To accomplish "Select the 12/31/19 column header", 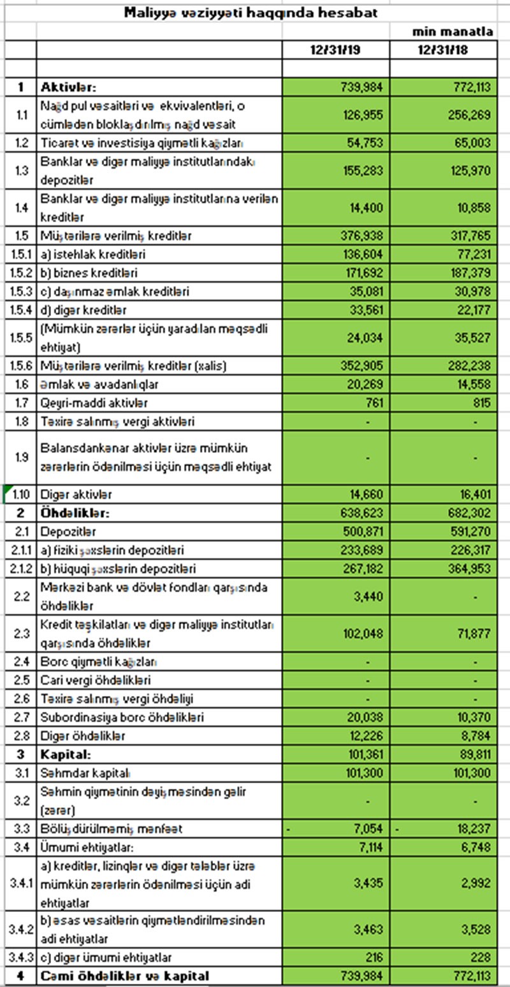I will coord(335,50).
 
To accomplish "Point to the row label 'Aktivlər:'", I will coord(68,87).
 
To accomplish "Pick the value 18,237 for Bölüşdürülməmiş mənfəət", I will coord(472,828).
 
